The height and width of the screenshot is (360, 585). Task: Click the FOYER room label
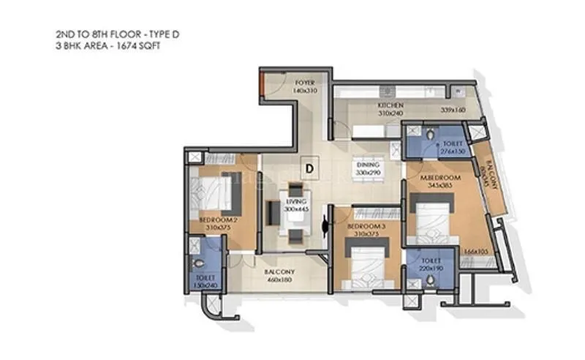(x=305, y=83)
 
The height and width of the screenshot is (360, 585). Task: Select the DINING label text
(x=368, y=165)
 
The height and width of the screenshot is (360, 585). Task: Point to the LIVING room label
(x=296, y=201)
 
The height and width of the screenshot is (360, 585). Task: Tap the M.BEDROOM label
(x=439, y=179)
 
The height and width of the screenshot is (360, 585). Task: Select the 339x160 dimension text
(x=453, y=110)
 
